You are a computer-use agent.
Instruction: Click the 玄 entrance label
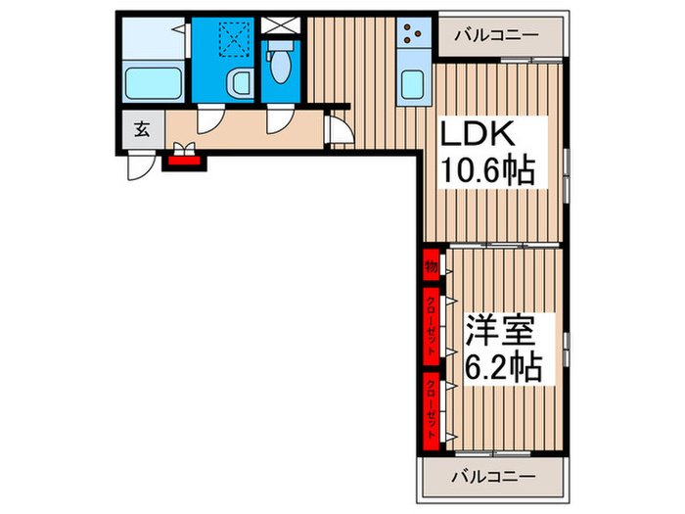click(142, 128)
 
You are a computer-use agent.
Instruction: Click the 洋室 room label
click(499, 329)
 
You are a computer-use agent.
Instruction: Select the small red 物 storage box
click(431, 265)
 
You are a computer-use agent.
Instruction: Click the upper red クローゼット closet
click(431, 324)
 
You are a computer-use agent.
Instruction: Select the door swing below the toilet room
click(279, 119)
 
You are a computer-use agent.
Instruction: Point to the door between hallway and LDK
click(339, 127)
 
